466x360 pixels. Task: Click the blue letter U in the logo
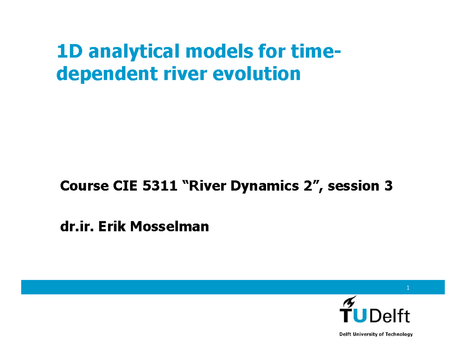point(361,316)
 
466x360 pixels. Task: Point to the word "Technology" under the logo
point(398,334)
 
